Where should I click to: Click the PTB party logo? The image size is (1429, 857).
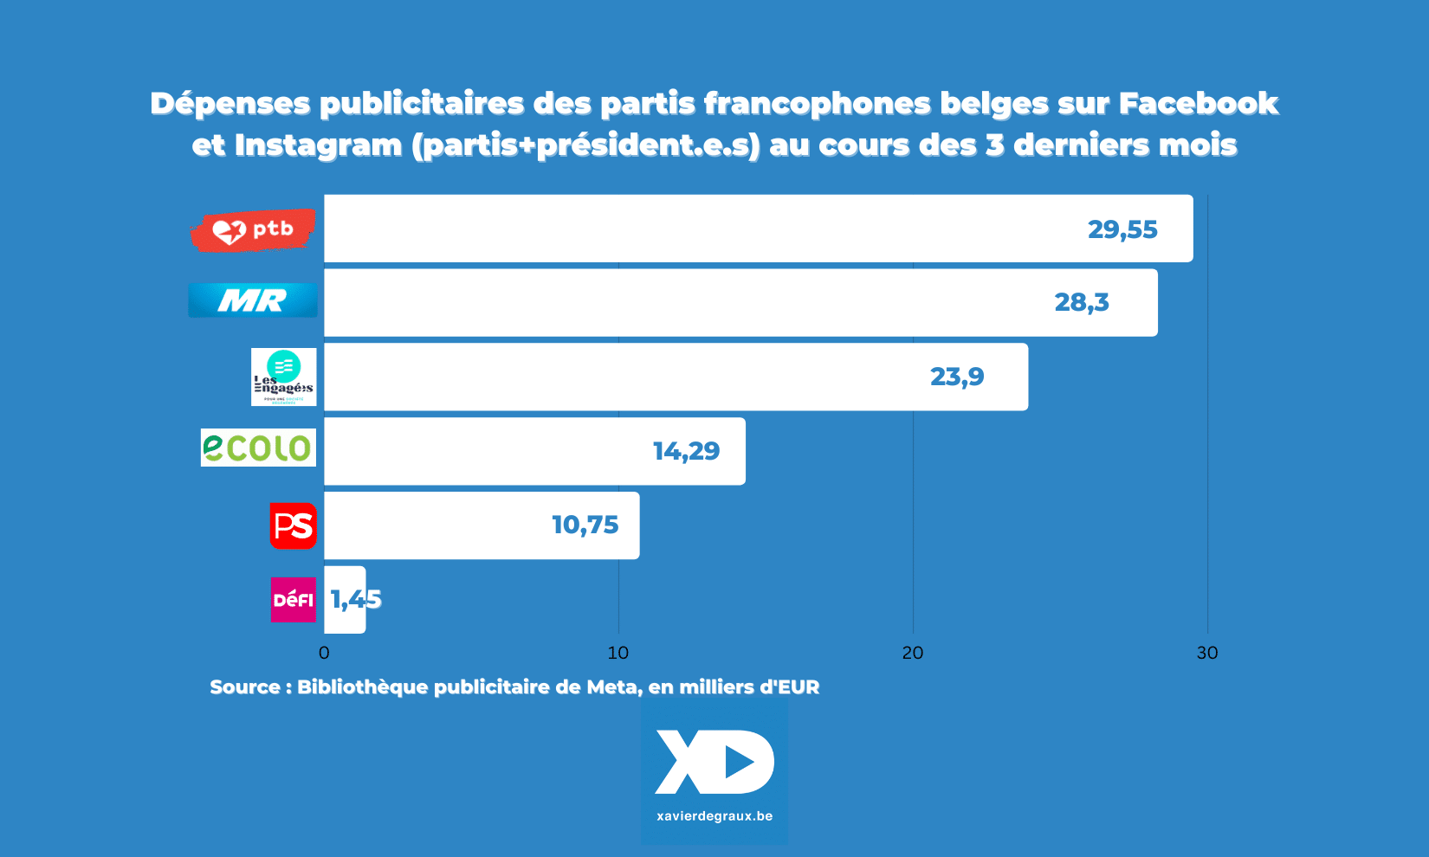coord(253,230)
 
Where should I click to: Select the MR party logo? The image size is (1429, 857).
coord(253,300)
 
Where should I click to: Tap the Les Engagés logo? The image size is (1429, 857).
coord(284,377)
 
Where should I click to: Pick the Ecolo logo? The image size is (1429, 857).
coord(258,448)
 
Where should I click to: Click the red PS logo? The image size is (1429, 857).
coord(293,525)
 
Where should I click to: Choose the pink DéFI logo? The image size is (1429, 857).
coord(294,600)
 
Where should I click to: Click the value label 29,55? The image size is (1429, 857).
coord(1122,229)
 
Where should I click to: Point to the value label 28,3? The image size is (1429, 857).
coord(1082,302)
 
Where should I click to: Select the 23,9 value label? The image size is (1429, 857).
coord(957,377)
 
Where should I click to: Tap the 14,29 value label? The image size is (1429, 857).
coord(686,451)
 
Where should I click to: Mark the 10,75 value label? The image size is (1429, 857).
coord(585,525)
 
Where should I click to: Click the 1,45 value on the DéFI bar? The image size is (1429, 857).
coord(356,599)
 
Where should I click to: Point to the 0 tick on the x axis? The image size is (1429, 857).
coord(324,653)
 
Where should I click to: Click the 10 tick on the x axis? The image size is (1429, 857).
coord(618,653)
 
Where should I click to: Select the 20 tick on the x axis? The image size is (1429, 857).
coord(913,653)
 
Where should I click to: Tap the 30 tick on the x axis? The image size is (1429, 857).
coord(1207,653)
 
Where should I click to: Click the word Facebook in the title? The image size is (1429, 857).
coord(1199,103)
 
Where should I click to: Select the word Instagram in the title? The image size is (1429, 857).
coord(318,145)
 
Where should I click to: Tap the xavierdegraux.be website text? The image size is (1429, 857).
coord(714,815)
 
